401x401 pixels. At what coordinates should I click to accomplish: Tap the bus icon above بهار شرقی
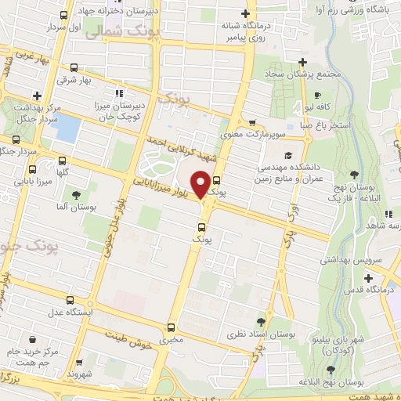tap(74, 67)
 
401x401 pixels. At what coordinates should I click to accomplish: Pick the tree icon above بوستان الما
tap(75, 196)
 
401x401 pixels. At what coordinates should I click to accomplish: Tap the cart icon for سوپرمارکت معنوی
tap(251, 122)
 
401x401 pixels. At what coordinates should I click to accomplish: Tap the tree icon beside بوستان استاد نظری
tap(262, 321)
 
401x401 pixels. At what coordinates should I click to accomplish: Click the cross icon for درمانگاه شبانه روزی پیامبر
tap(246, 13)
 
